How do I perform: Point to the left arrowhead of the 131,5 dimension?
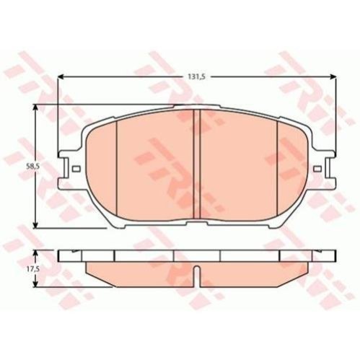click(x=61, y=76)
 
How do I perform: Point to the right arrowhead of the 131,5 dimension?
click(x=333, y=76)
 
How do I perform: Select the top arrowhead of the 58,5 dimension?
click(x=36, y=107)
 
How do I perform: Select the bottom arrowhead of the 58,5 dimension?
click(x=36, y=224)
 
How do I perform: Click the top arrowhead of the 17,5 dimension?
click(x=36, y=253)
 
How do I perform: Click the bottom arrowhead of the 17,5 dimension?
click(x=36, y=284)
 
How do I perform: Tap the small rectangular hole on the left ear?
click(x=76, y=169)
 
